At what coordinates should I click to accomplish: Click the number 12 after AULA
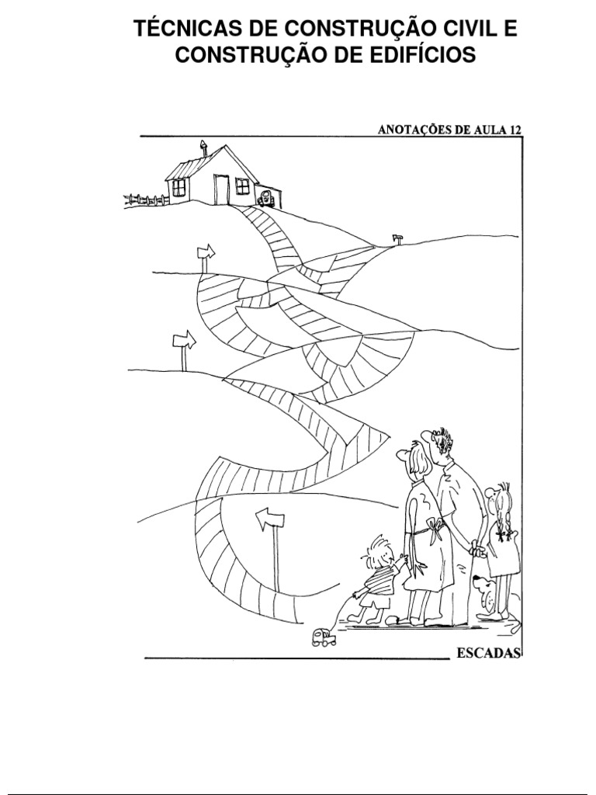click(515, 130)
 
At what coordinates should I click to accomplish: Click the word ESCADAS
click(489, 652)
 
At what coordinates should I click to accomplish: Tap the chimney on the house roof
click(204, 148)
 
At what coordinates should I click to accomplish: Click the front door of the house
click(221, 189)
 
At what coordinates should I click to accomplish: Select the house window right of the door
click(243, 186)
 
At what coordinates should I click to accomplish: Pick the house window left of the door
click(178, 188)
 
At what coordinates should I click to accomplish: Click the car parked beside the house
click(266, 197)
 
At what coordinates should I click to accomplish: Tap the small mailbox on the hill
click(397, 239)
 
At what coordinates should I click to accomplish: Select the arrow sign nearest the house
click(206, 252)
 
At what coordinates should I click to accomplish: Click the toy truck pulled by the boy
click(324, 637)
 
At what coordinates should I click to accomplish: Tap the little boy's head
click(376, 552)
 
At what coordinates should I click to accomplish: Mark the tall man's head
click(438, 445)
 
